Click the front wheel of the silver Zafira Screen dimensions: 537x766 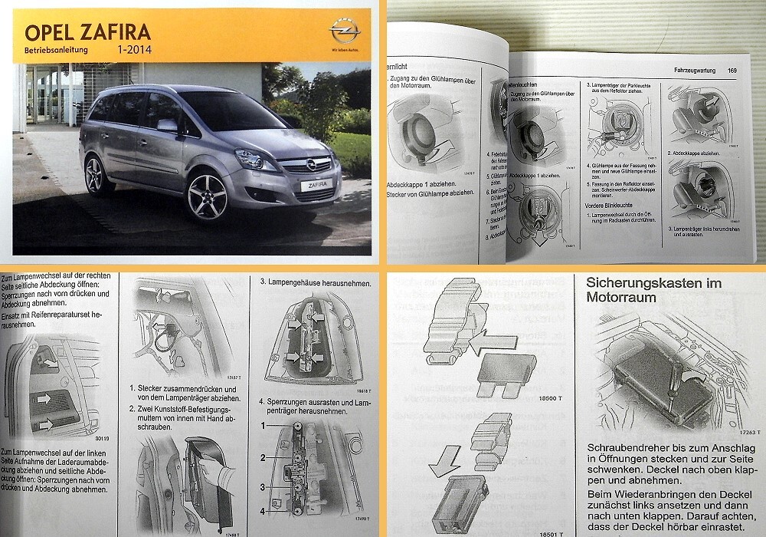pyautogui.click(x=208, y=196)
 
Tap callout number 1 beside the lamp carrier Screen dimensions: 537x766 pyautogui.click(x=264, y=423)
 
